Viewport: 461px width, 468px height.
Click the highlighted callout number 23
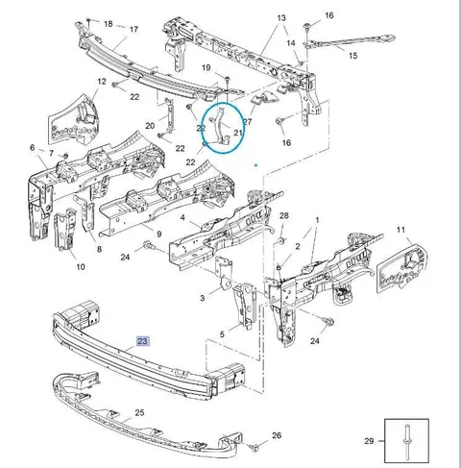[x=142, y=341]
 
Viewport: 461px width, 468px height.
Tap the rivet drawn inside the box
[x=407, y=442]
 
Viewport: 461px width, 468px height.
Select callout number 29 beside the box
[x=369, y=441]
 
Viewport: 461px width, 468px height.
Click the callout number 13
[x=281, y=18]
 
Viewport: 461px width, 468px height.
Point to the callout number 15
[x=352, y=56]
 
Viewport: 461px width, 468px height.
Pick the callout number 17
[x=133, y=29]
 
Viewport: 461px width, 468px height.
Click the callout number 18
[x=109, y=24]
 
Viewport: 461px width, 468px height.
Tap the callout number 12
[x=102, y=82]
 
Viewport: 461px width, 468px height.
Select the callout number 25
[x=139, y=413]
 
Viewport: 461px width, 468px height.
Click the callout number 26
[x=277, y=435]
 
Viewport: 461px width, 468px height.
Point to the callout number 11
[x=400, y=230]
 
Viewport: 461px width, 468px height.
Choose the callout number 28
[x=284, y=215]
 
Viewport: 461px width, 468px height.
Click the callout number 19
[x=206, y=68]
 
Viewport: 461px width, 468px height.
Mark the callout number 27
[x=248, y=122]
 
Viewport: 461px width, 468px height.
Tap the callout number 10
[x=81, y=267]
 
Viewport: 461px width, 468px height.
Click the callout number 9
[x=159, y=234]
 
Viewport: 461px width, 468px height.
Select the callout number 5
[x=222, y=334]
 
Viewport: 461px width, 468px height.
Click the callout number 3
[x=203, y=298]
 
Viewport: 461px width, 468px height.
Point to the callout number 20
[x=150, y=126]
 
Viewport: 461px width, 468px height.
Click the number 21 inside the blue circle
[x=238, y=133]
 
